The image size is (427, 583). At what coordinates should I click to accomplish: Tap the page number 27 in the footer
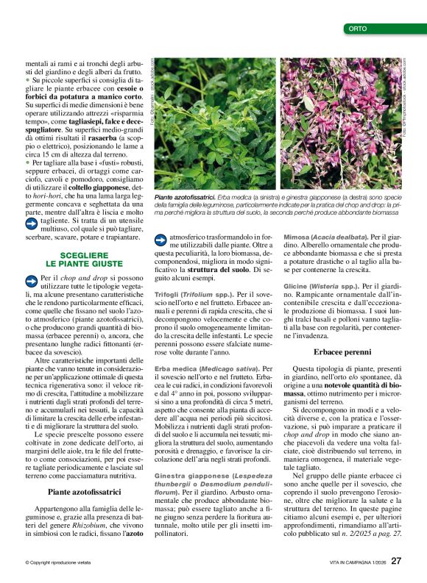pos(396,561)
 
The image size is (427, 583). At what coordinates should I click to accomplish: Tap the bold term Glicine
pos(295,285)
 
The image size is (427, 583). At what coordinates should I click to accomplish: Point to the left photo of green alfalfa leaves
pos(213,124)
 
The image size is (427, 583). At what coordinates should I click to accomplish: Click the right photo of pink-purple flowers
pos(339,124)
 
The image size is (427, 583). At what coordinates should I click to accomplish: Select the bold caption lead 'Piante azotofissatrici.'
pos(185,198)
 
